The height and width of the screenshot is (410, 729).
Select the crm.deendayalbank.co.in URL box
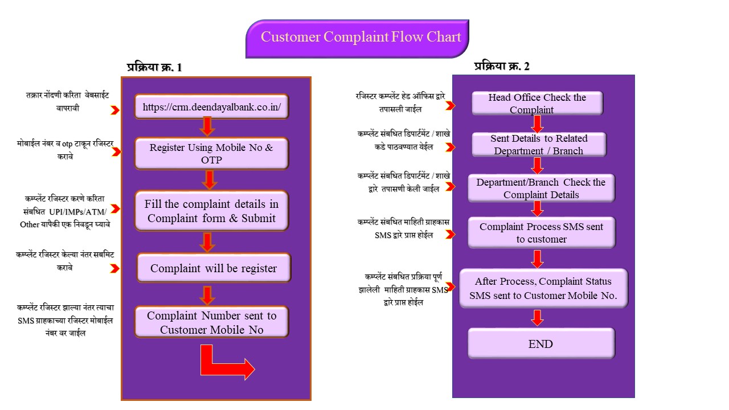[212, 106]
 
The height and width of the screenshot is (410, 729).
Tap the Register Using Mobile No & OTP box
[212, 154]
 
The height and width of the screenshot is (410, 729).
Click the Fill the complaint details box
[212, 211]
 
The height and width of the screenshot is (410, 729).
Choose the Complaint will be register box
[214, 268]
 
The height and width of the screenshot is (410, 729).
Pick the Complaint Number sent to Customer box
[212, 322]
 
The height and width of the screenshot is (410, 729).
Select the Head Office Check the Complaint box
[537, 103]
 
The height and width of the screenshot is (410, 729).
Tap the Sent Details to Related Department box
[539, 145]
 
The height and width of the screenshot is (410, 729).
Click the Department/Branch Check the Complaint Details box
[541, 188]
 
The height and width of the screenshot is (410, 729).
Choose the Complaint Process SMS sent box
[541, 232]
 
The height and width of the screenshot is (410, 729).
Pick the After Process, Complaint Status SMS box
[543, 288]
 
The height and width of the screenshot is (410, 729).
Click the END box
[541, 343]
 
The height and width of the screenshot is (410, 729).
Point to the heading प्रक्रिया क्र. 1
[154, 67]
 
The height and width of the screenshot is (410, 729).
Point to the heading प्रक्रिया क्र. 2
[502, 66]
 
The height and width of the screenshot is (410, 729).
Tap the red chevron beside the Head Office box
[450, 106]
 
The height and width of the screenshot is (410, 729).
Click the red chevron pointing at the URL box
[115, 110]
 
